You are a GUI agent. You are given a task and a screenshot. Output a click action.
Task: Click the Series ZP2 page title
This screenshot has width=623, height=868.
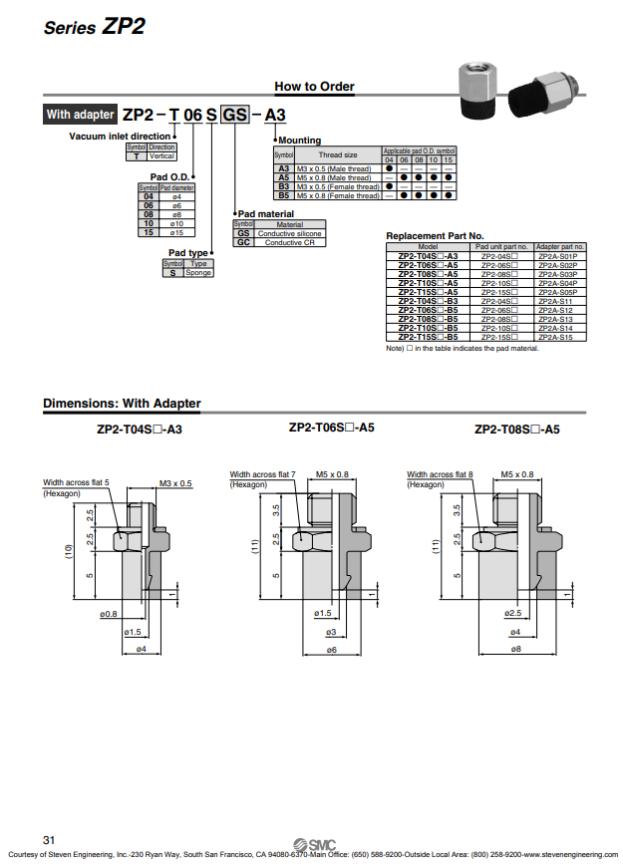coord(94,27)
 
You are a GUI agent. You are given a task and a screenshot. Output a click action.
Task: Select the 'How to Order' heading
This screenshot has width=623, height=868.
coord(314,87)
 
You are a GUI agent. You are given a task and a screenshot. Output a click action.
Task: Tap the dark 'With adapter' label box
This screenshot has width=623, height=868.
coord(80,115)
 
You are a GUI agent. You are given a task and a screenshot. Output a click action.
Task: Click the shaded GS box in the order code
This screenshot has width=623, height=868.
coord(235,115)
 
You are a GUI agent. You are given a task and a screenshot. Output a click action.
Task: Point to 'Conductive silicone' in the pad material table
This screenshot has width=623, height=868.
coord(291,233)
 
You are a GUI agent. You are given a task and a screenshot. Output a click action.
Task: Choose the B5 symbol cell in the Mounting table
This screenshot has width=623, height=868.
coord(283,195)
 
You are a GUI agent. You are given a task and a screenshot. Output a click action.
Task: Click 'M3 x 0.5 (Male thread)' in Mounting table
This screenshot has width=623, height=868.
coord(333,169)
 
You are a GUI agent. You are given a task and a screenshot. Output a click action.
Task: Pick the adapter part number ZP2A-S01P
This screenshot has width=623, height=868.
coord(560,256)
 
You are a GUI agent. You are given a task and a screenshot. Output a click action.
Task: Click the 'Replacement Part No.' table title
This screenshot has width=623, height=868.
coord(435,235)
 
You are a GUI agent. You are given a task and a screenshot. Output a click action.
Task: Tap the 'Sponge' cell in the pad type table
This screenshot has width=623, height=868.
coord(198,272)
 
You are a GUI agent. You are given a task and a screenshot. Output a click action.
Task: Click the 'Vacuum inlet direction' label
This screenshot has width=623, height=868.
coord(120,136)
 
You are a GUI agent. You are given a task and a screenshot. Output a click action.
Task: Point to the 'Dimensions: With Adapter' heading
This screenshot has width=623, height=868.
coord(122,404)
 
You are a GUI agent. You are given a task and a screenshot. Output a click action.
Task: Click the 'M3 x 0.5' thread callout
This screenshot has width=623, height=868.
coord(175,483)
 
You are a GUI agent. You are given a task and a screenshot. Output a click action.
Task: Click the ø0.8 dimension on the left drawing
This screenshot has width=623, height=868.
coord(108,614)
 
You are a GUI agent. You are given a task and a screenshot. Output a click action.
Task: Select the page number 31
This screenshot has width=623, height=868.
coord(49,837)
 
